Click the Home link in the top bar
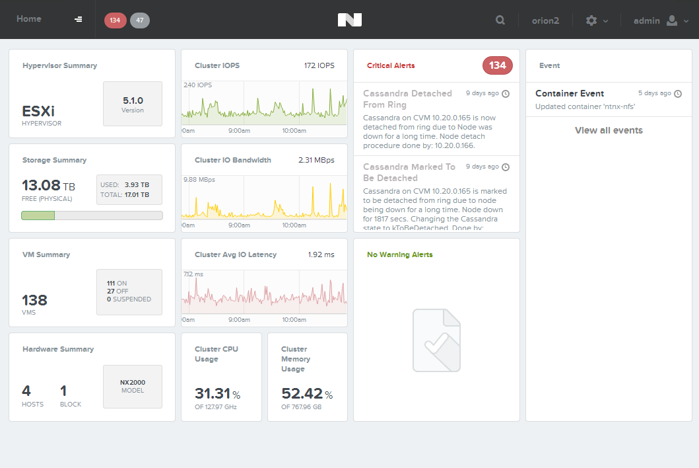tap(29, 19)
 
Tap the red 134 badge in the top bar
tap(115, 20)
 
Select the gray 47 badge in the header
tap(140, 20)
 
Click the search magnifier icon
tap(500, 20)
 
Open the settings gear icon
tap(591, 20)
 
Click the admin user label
tap(646, 20)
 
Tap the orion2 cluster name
tap(545, 20)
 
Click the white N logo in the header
tap(350, 20)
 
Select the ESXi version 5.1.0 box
tap(133, 104)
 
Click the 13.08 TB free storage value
tap(48, 185)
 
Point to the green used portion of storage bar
tap(38, 215)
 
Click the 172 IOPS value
tap(319, 65)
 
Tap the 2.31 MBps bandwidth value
tap(317, 160)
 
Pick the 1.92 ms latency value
tap(321, 254)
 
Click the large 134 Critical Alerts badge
tap(498, 65)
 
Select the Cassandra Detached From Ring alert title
tap(407, 98)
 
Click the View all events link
tap(609, 130)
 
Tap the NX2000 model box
tap(133, 387)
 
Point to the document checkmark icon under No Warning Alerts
tap(436, 340)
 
